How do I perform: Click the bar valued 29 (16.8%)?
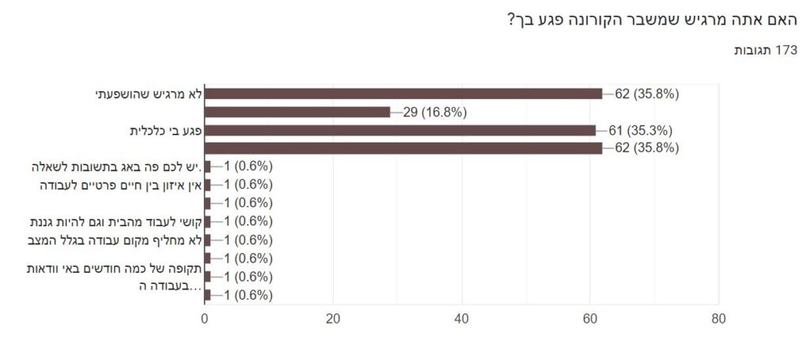coord(297,112)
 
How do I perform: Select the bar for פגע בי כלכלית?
coord(400,130)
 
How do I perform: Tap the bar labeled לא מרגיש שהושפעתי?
coord(403,93)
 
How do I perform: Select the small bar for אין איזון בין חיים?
coord(208,185)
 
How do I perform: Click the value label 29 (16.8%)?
coord(435,112)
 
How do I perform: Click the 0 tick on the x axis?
coord(205,319)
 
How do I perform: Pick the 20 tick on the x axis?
coord(333,319)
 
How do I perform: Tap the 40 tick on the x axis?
coord(461,319)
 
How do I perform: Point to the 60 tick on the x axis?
coord(589,319)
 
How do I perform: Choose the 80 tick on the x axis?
coord(717,319)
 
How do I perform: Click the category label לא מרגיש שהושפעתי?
coord(150,93)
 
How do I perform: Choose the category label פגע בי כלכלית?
coord(166,130)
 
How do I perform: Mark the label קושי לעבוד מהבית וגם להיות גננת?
coord(117,222)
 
